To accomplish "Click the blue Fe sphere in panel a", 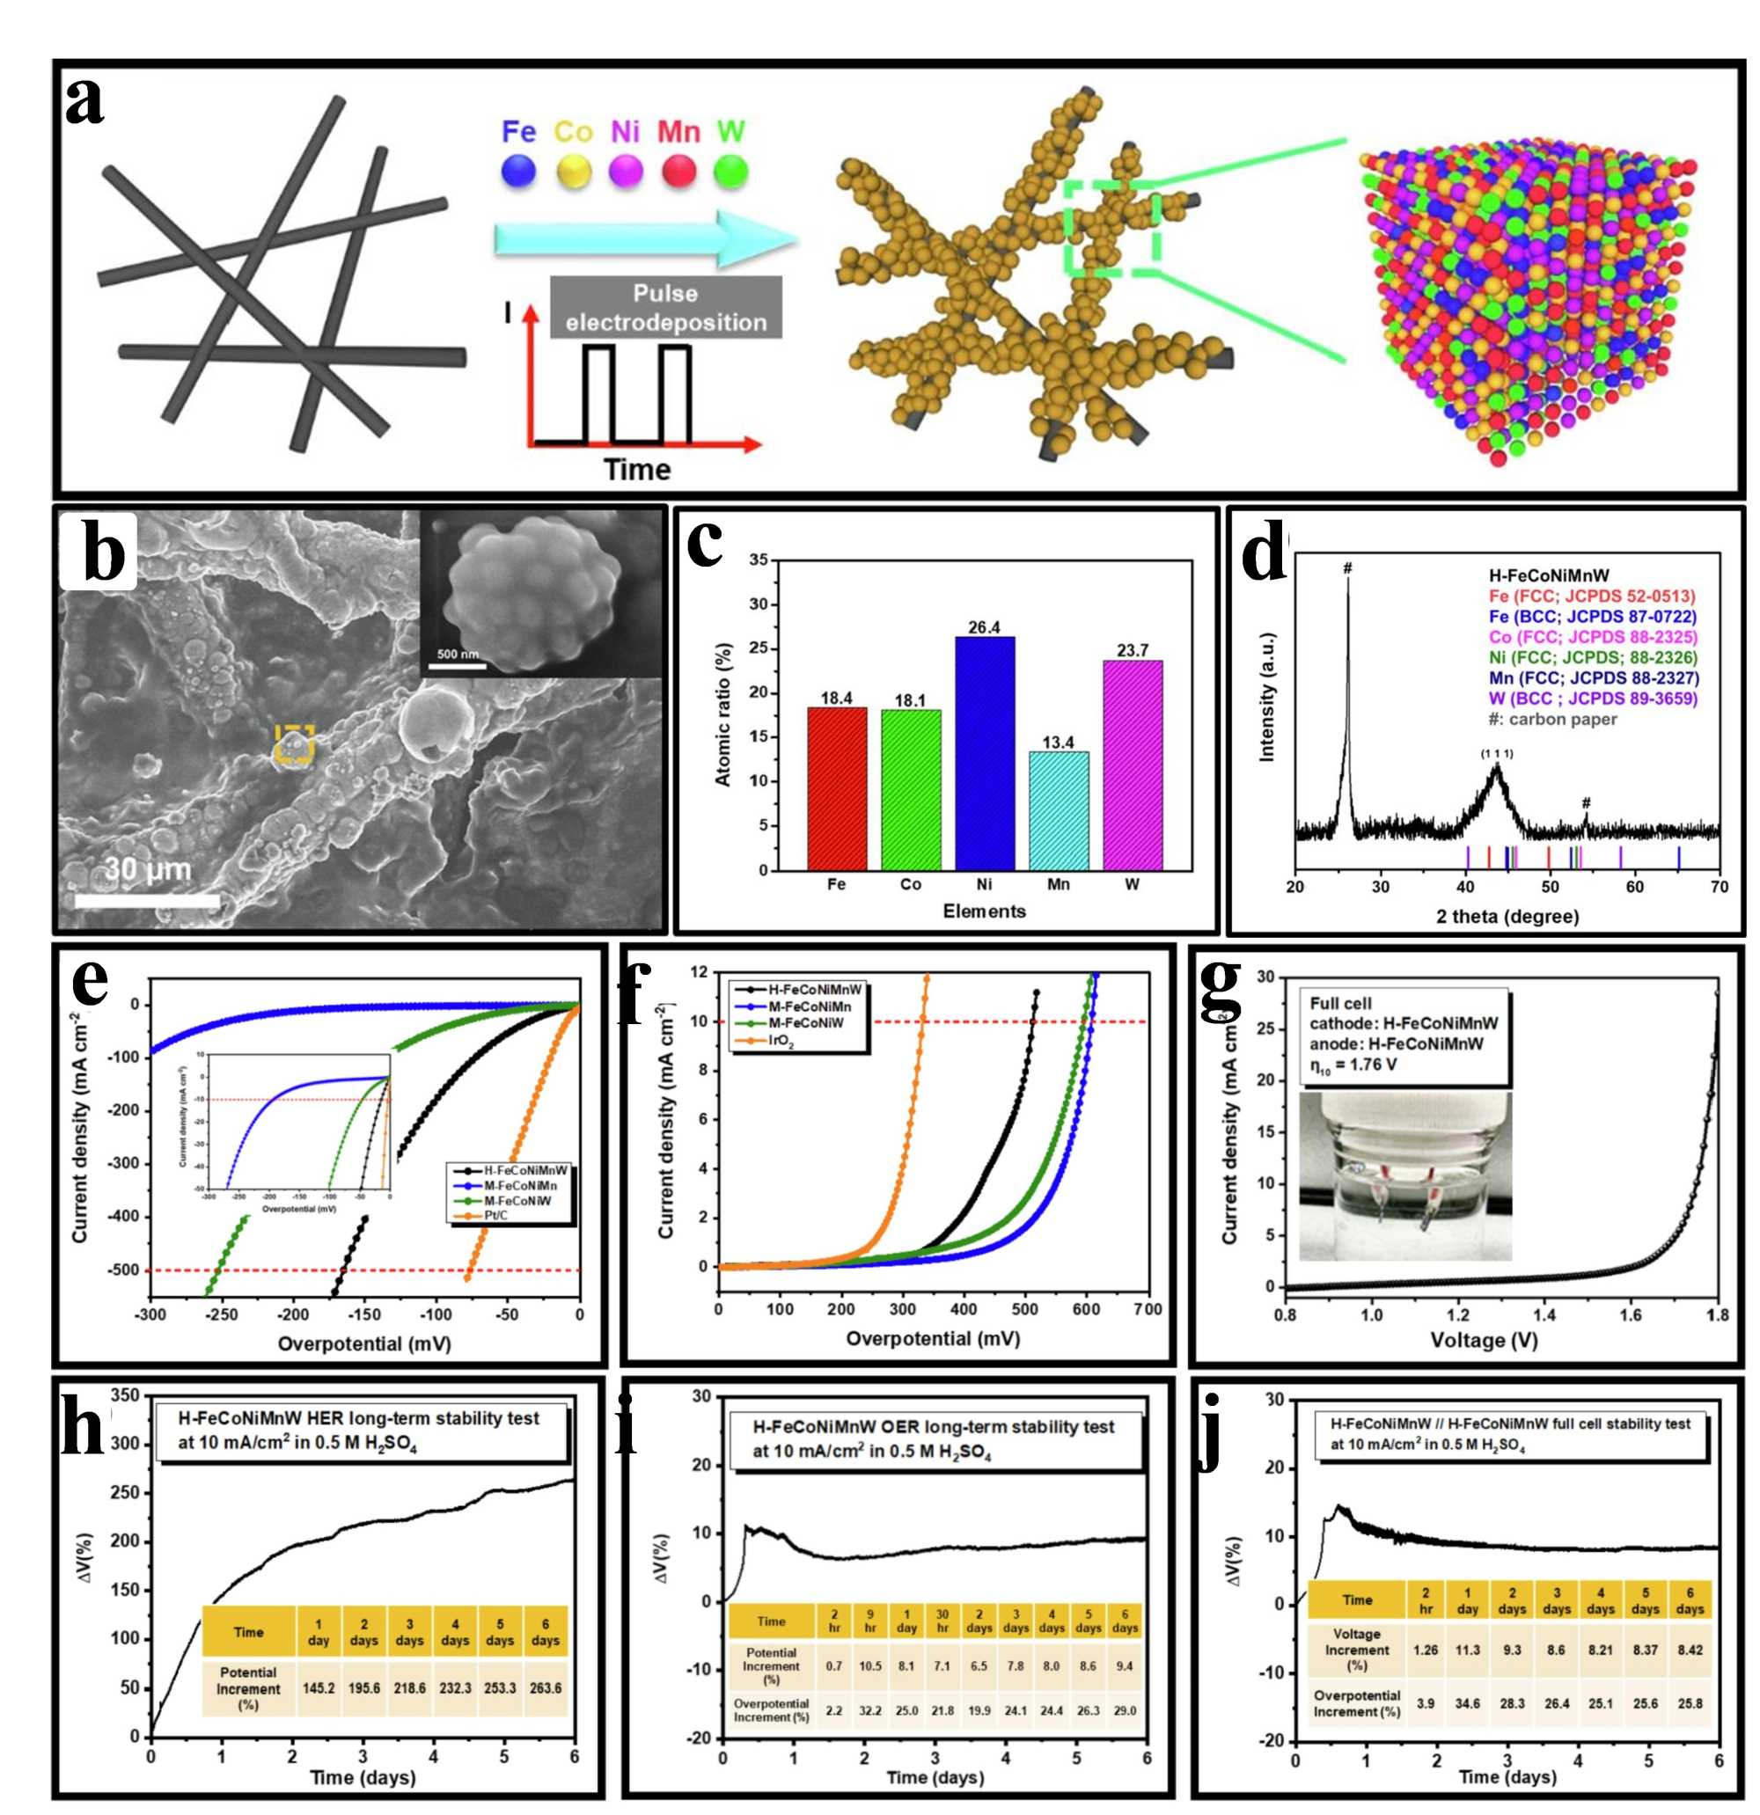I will point(517,172).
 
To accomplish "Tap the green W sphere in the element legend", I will point(731,172).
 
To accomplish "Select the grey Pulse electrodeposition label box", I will point(665,307).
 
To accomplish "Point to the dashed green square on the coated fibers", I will point(1111,228).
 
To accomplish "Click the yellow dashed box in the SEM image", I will point(295,743).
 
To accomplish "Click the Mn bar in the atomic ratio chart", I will point(1058,809).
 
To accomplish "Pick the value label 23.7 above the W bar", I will point(1132,650).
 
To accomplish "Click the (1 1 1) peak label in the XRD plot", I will point(1496,753).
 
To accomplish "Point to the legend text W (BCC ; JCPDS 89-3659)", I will point(1592,699).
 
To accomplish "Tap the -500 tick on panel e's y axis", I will point(122,1270).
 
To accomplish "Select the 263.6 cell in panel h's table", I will point(545,1687).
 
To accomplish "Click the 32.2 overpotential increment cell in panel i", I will point(869,1710).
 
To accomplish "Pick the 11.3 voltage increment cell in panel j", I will point(1467,1650).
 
